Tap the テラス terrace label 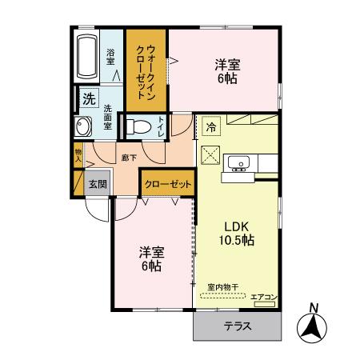(238, 326)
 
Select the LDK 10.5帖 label (238, 233)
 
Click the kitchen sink (238, 165)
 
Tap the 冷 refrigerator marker (211, 126)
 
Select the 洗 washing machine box (87, 99)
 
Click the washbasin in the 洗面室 (82, 127)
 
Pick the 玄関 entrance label (98, 182)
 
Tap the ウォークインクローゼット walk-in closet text (146, 69)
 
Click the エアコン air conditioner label (263, 298)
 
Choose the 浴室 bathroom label (110, 56)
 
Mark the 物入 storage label (78, 155)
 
